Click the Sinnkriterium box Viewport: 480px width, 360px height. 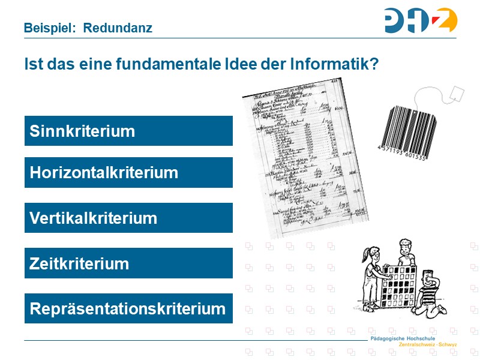(128, 131)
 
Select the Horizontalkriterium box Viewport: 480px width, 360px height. (128, 173)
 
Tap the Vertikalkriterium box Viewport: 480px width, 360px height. (128, 218)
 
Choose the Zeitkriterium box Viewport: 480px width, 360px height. (128, 263)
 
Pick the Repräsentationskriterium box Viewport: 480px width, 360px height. (128, 309)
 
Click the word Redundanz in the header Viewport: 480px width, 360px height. (118, 28)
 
